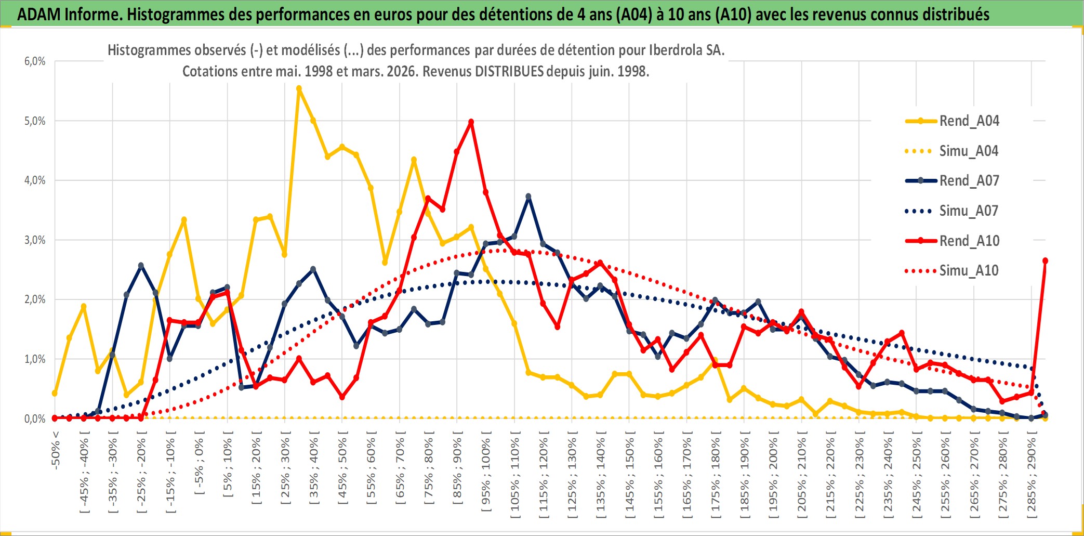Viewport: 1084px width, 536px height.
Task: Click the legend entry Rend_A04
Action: [969, 121]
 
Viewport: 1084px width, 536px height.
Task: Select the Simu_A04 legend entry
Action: [969, 151]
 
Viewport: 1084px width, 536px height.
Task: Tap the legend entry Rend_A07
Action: [969, 181]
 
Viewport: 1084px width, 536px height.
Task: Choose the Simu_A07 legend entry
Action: [969, 211]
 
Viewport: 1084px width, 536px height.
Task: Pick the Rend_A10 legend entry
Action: [969, 241]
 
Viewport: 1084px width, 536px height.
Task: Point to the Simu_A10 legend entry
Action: [969, 270]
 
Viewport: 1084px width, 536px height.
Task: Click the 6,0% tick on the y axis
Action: [35, 61]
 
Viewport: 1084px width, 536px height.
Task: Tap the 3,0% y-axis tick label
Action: [35, 240]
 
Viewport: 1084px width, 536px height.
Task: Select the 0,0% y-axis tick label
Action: [35, 419]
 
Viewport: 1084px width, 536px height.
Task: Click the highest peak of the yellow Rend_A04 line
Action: [299, 89]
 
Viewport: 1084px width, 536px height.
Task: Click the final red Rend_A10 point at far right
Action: [1045, 261]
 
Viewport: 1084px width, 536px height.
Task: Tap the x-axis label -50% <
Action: [56, 450]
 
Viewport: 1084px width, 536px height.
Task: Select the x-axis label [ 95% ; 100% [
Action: [486, 475]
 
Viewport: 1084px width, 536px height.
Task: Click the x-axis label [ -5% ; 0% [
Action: [199, 463]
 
